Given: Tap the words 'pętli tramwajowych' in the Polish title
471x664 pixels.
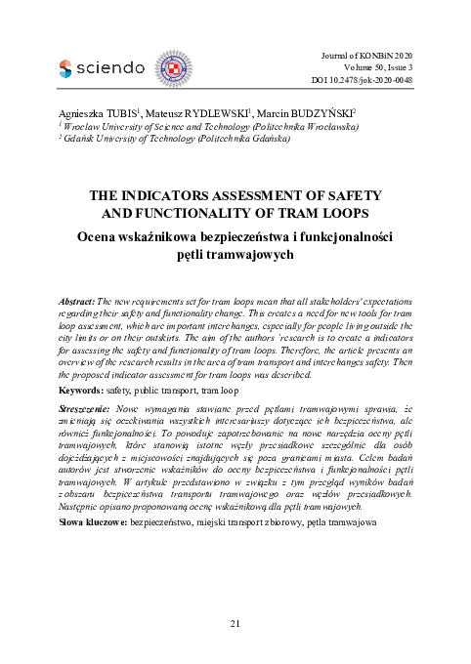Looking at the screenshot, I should pos(235,253).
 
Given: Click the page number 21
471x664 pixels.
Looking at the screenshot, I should pos(235,624).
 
